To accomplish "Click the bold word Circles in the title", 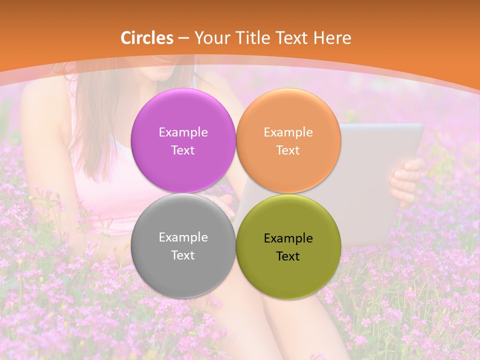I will tap(147, 38).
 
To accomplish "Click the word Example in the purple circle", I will tap(183, 132).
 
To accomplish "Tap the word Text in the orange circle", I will tap(288, 150).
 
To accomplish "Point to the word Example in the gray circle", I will tap(183, 237).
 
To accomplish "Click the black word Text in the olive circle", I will tap(288, 256).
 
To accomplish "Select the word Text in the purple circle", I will tap(183, 150).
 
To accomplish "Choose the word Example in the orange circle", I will tap(288, 132).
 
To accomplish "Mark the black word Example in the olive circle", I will tap(288, 238).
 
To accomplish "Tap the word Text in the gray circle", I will tap(183, 255).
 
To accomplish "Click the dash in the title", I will tap(183, 38).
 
